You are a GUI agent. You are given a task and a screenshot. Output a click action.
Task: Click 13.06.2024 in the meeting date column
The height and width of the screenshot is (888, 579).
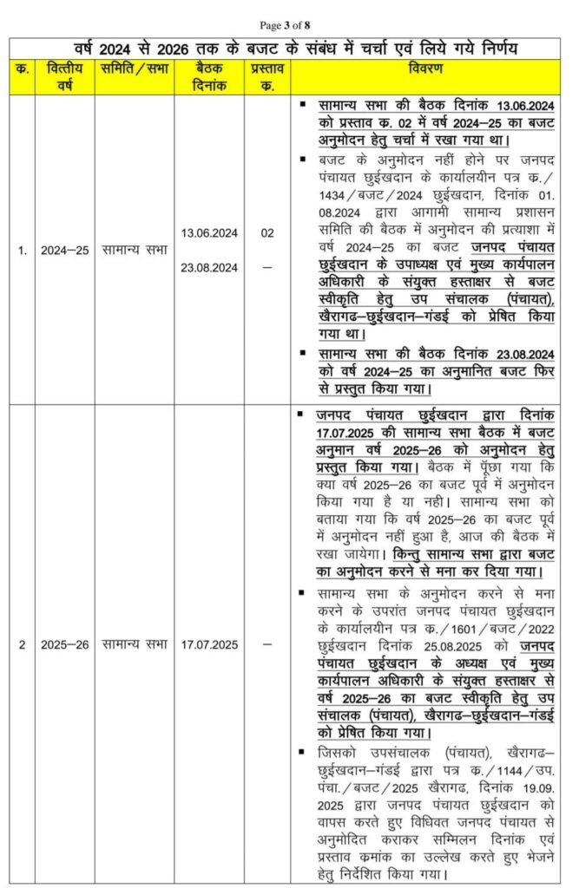click(x=209, y=233)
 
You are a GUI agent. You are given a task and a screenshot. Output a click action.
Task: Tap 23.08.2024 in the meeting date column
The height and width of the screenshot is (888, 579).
click(x=209, y=267)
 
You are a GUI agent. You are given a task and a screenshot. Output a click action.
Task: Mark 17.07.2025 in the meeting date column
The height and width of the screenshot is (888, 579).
click(x=209, y=644)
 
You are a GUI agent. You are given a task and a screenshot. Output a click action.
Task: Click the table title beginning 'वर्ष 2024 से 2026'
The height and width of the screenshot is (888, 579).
click(x=289, y=46)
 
